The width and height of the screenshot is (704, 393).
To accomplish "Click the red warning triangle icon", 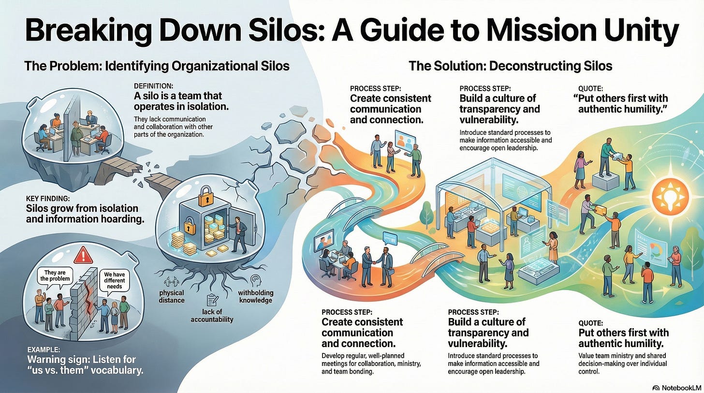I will [x=84, y=253].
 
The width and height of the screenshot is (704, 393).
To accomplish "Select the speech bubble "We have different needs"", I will [x=115, y=281].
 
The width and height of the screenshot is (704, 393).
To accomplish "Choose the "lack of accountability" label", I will [x=212, y=315].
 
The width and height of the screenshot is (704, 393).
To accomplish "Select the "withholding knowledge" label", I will [x=255, y=296].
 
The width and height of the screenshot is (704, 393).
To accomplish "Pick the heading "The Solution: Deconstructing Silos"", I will [x=510, y=65].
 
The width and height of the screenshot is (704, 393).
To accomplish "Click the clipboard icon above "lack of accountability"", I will [x=211, y=300].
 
